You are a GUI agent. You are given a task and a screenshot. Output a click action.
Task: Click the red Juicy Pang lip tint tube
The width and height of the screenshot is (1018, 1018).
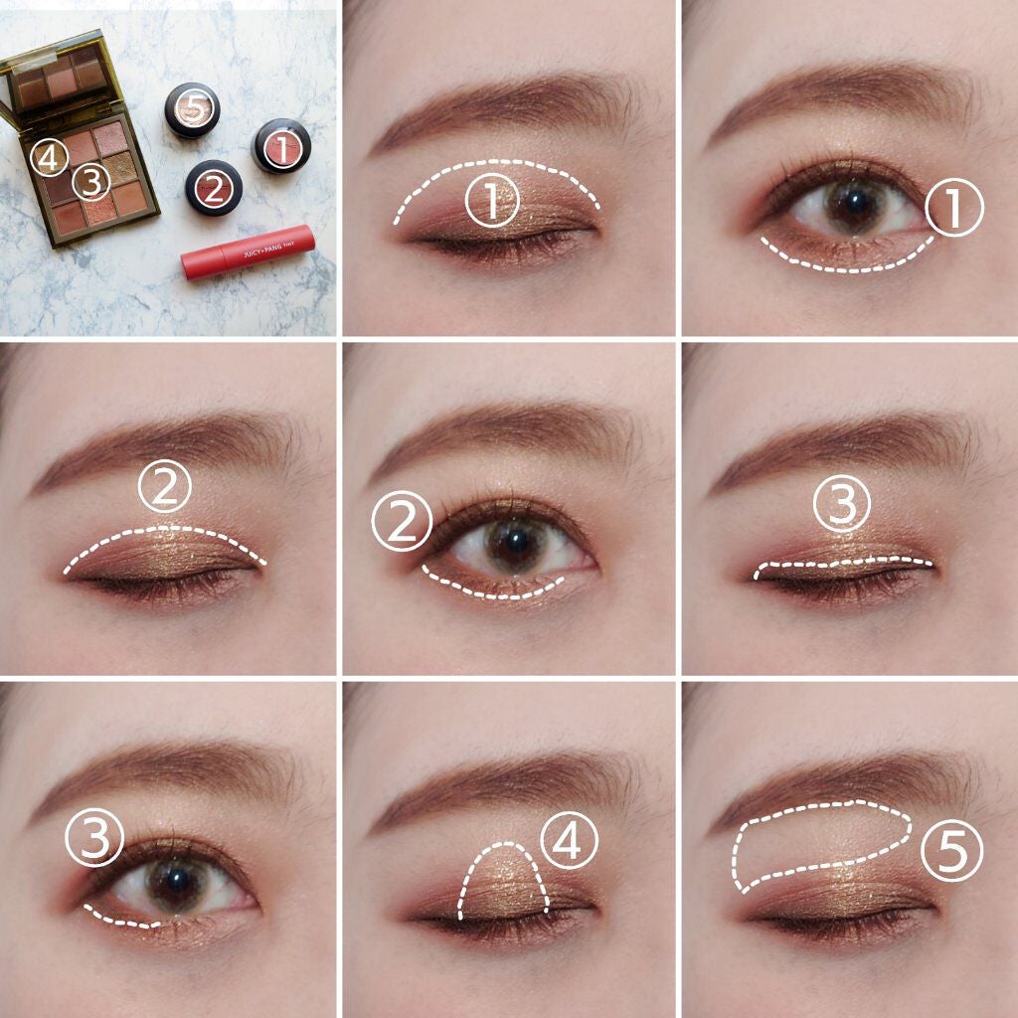coord(248,252)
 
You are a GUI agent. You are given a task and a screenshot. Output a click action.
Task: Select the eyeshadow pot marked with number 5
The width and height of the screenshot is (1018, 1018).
coord(192,109)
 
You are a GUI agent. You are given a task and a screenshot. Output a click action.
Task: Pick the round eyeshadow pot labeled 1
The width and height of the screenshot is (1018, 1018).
coord(281,146)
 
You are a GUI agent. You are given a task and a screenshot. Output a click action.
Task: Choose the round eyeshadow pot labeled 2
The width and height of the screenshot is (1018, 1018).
coord(214,188)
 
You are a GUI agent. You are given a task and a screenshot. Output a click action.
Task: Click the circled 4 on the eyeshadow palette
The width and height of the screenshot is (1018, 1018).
coord(50,158)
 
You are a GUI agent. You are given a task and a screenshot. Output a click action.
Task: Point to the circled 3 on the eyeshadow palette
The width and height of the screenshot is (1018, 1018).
coord(91,183)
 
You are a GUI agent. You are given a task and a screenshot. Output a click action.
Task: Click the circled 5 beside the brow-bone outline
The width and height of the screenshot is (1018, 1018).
coord(951,851)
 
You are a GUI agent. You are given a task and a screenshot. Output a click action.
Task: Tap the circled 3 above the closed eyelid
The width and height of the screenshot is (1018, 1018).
coord(841,504)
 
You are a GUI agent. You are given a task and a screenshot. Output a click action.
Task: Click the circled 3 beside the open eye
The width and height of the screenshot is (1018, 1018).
coord(94,837)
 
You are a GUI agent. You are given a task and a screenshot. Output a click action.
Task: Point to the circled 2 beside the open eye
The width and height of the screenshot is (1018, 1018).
coord(402,521)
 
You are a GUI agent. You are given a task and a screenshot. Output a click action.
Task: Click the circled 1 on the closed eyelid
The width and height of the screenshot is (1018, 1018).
coord(492,200)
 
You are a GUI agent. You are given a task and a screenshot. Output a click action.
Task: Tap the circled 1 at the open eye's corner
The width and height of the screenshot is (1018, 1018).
coord(953,207)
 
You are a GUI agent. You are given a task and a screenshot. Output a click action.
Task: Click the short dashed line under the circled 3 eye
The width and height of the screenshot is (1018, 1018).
coord(121,918)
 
